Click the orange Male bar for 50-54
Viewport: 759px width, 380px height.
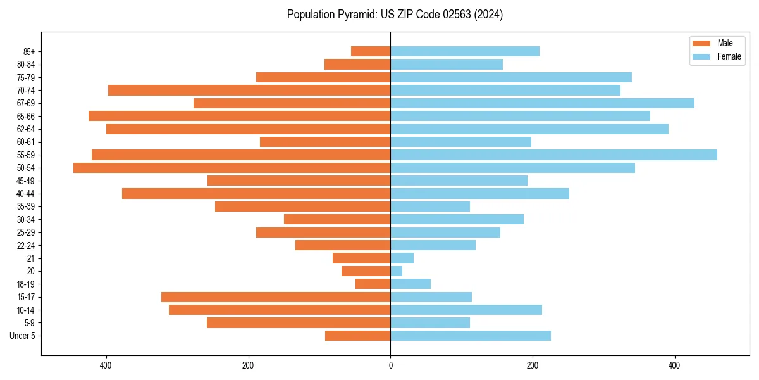click(x=231, y=168)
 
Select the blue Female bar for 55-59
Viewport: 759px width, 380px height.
click(x=553, y=155)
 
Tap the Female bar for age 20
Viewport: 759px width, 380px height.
click(x=397, y=271)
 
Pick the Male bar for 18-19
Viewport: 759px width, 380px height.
click(x=373, y=284)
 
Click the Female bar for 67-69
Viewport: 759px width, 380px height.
click(x=542, y=103)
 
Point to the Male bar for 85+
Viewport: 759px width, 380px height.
click(x=371, y=51)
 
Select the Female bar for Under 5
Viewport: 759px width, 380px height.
click(x=471, y=336)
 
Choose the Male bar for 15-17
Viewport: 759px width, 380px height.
click(x=276, y=297)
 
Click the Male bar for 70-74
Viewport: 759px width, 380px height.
click(x=249, y=90)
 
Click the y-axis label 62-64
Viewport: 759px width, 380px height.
click(x=25, y=129)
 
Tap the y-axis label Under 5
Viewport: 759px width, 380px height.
click(x=22, y=336)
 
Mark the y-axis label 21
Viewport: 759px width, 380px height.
click(x=30, y=258)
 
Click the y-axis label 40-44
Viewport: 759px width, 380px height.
click(x=25, y=194)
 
